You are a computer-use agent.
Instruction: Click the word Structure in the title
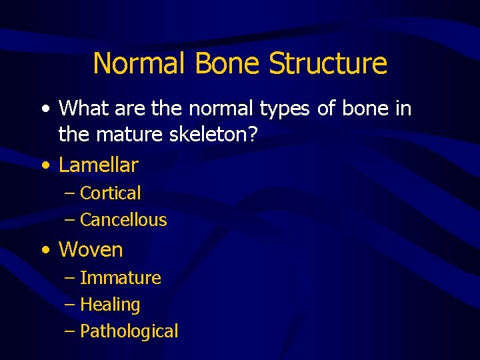[x=327, y=63]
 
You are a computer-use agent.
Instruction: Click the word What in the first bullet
[x=83, y=108]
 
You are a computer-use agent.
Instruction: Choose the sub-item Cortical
[x=110, y=193]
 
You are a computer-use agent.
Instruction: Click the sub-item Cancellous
[x=123, y=220]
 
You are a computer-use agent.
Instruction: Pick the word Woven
[x=91, y=250]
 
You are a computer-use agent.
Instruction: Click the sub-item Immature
[x=120, y=278]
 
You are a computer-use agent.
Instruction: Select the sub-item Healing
[x=110, y=305]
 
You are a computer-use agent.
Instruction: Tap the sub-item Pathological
[x=129, y=331]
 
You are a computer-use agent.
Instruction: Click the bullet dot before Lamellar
[x=45, y=165]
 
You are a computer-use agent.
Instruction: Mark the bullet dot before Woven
[x=45, y=251]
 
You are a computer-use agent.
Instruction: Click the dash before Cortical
[x=71, y=194]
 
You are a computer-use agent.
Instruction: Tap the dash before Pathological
[x=71, y=331]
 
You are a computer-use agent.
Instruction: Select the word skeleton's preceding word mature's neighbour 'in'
[x=403, y=108]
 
